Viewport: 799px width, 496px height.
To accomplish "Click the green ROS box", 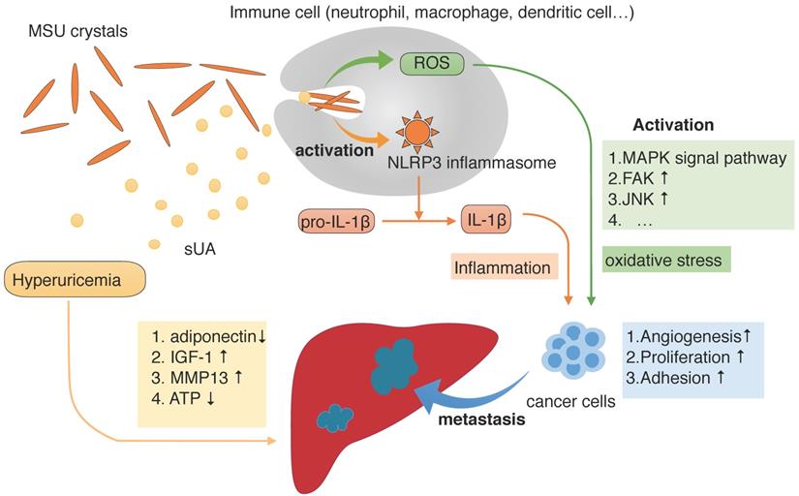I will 431,64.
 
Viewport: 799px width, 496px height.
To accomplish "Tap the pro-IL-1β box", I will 334,221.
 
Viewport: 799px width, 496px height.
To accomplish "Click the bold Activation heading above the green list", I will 673,125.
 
